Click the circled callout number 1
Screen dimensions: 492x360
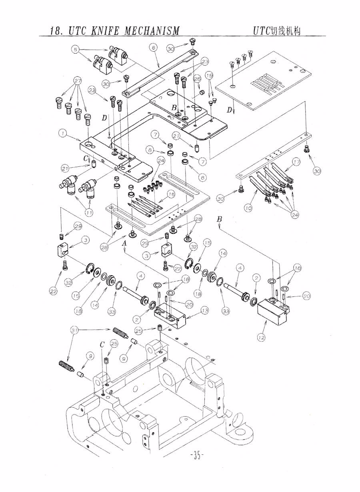(x=62, y=133)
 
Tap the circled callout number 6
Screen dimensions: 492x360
(x=153, y=47)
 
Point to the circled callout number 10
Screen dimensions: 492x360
(x=248, y=208)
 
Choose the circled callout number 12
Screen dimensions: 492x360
(x=261, y=338)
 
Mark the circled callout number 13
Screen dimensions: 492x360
(x=205, y=310)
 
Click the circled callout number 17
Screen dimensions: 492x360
(x=296, y=162)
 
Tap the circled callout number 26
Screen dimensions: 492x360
(x=197, y=79)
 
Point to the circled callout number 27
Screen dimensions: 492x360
(x=78, y=80)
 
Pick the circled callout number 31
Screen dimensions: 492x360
(x=74, y=330)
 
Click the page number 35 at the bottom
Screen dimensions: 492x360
(x=196, y=455)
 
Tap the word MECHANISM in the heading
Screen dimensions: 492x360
(x=152, y=31)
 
